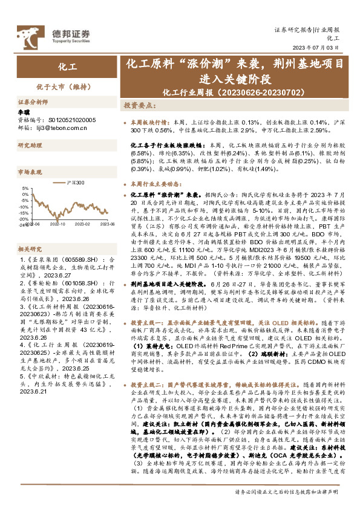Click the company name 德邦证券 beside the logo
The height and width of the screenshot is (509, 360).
tap(62, 33)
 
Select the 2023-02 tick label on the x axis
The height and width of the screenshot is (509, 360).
tap(82, 224)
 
